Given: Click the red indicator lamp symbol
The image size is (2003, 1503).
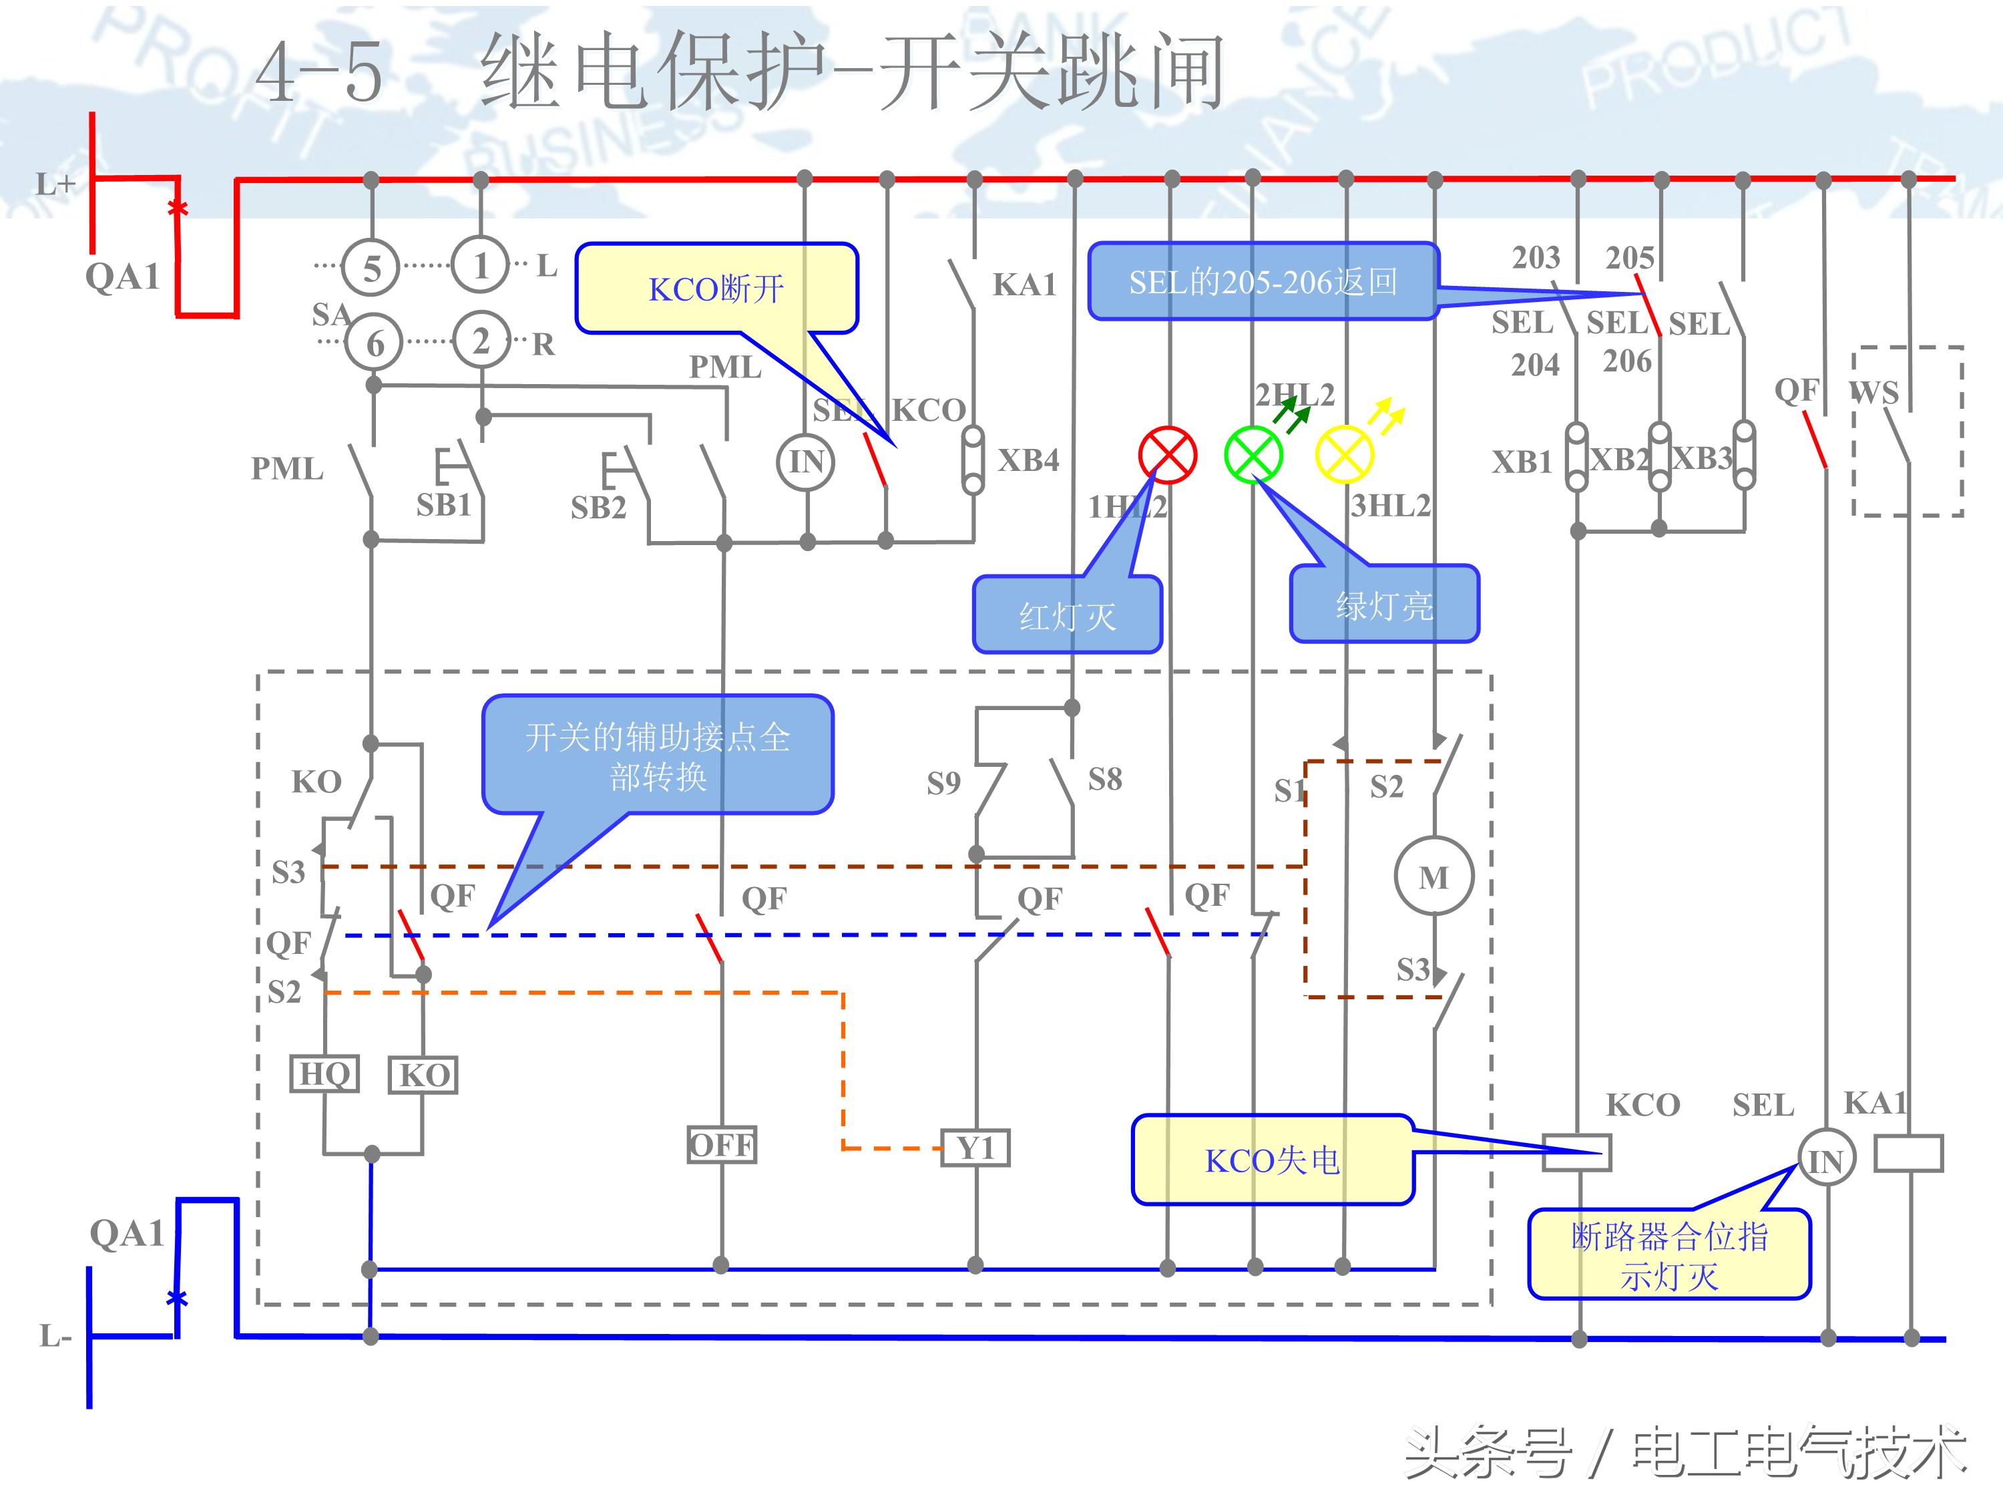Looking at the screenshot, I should (1167, 455).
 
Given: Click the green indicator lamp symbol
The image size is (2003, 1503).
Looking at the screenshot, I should (1253, 455).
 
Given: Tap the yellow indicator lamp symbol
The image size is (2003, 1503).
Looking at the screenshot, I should (1344, 455).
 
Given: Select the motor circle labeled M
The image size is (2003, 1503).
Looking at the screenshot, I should (1433, 877).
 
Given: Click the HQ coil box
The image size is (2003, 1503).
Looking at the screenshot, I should (324, 1074).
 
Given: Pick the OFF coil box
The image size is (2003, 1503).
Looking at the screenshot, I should (721, 1145).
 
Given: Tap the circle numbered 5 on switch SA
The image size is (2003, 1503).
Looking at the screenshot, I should (371, 268).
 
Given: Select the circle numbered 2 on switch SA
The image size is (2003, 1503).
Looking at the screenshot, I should (481, 341).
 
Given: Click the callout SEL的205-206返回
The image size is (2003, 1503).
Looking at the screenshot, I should (1263, 282).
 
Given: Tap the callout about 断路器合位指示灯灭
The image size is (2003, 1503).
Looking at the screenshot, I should (1669, 1255).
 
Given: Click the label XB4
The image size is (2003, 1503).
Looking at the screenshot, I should (1029, 460).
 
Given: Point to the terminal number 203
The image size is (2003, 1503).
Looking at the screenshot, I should (1536, 257).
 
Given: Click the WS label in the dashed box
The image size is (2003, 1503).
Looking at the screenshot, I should (1873, 392).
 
